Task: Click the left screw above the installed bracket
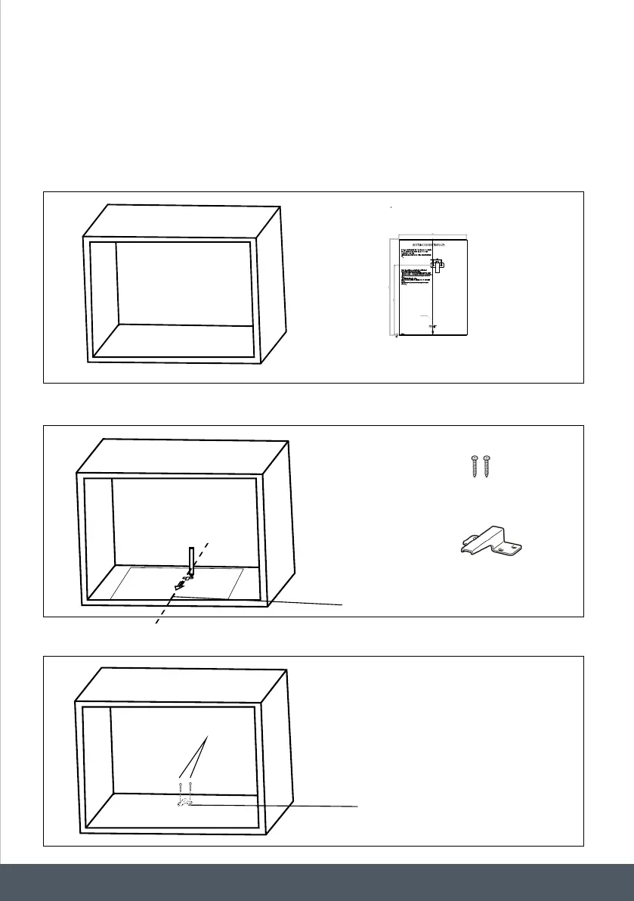point(180,787)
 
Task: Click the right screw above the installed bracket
point(190,787)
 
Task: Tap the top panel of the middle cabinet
point(185,456)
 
